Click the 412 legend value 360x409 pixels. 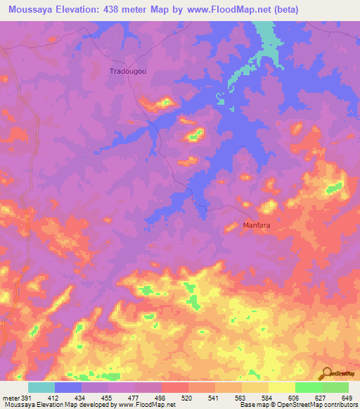pos(68,397)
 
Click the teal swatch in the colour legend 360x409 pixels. pos(41,387)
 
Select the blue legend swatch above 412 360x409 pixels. pos(68,387)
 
